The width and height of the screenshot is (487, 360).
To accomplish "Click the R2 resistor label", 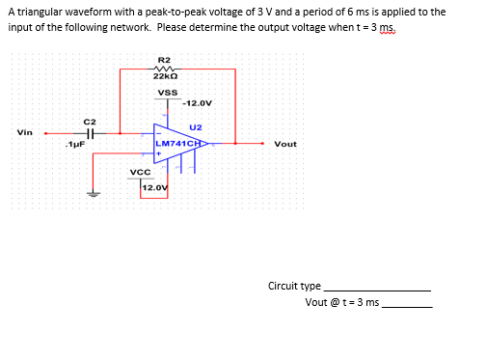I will coord(163,60).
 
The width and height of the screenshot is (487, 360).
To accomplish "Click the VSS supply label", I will coord(166,93).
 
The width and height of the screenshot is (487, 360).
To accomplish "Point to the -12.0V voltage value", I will coord(197,103).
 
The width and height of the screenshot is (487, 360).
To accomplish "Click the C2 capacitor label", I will coord(89,122).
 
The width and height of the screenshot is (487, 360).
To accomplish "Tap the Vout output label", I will coord(285,144).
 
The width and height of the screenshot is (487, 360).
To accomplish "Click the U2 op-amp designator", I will coord(196,126).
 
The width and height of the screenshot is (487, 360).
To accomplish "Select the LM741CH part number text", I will coord(180,144).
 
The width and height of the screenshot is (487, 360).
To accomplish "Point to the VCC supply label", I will coord(139,172).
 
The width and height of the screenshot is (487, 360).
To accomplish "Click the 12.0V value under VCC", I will coord(154,186).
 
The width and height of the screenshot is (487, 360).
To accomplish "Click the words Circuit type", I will coord(294,287).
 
